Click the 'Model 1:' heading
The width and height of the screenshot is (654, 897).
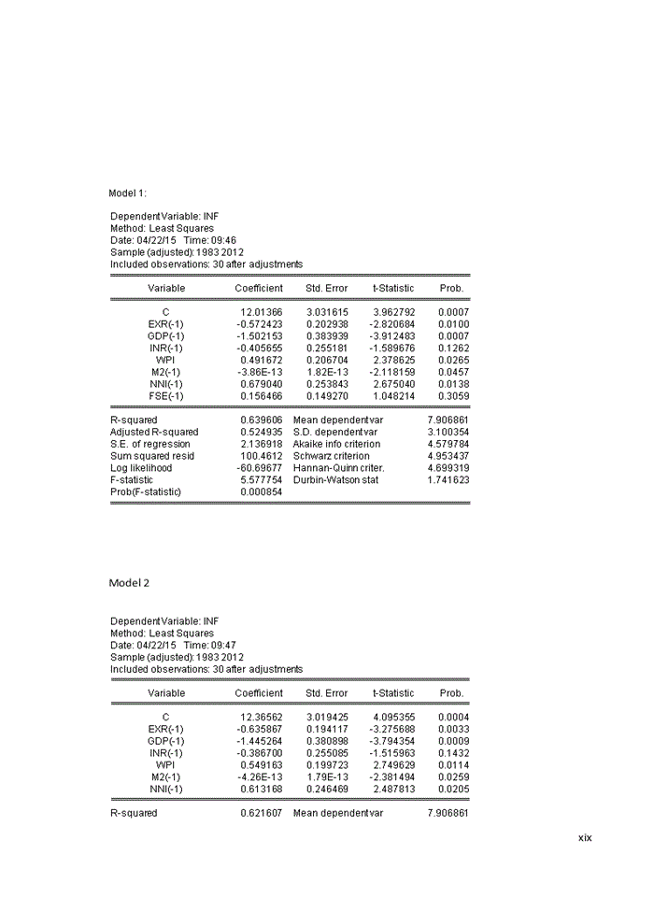(x=128, y=193)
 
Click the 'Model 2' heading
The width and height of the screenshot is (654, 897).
(x=129, y=583)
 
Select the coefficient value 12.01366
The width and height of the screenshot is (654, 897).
(x=262, y=312)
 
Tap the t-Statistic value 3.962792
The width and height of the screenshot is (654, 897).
(x=392, y=312)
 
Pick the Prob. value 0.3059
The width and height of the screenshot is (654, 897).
(x=454, y=396)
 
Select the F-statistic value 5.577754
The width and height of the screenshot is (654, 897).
(x=262, y=479)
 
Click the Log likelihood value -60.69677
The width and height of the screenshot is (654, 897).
(x=261, y=467)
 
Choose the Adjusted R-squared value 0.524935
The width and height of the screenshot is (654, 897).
(x=262, y=433)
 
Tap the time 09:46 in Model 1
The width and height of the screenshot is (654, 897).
(x=223, y=240)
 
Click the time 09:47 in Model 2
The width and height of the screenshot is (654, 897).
(x=223, y=646)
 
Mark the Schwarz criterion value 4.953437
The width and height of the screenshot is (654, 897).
(x=448, y=456)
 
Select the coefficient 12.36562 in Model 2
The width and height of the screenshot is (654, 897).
(x=262, y=717)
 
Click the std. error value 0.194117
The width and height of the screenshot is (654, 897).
(x=327, y=729)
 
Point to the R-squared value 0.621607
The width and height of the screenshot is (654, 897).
(x=262, y=813)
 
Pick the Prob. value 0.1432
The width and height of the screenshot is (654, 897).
(x=454, y=753)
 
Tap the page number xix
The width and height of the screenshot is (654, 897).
(x=585, y=838)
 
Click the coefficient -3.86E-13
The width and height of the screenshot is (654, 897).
(x=261, y=372)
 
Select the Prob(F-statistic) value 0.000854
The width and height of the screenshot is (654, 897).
(x=262, y=491)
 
